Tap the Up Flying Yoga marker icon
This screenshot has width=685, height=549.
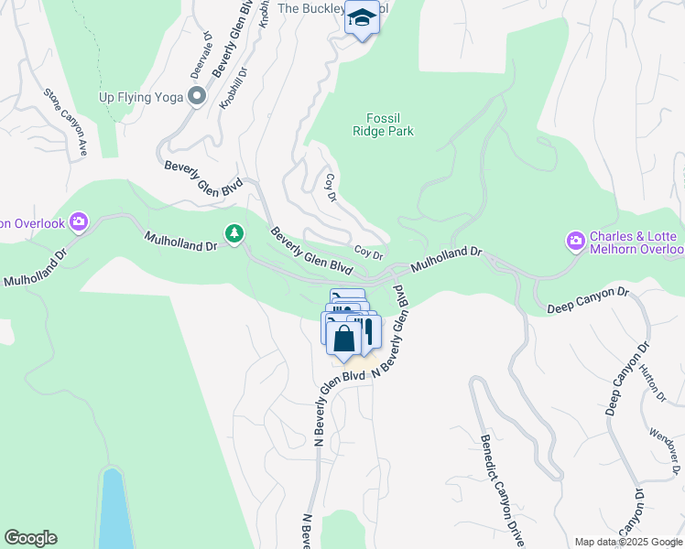click(x=196, y=96)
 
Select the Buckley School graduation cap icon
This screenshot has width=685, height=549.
click(x=362, y=18)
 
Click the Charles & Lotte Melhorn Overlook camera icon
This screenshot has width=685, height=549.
click(x=576, y=242)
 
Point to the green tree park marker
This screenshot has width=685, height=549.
click(x=235, y=235)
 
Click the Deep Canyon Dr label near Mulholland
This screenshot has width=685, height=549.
click(x=588, y=301)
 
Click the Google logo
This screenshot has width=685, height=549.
click(x=30, y=538)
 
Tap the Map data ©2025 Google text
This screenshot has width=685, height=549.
click(x=629, y=542)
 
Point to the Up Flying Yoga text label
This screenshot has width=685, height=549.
click(x=142, y=96)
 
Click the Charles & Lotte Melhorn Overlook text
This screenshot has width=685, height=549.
click(x=636, y=242)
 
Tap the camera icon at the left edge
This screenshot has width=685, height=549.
click(x=78, y=221)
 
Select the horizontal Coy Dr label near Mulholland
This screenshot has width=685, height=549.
click(x=368, y=253)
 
